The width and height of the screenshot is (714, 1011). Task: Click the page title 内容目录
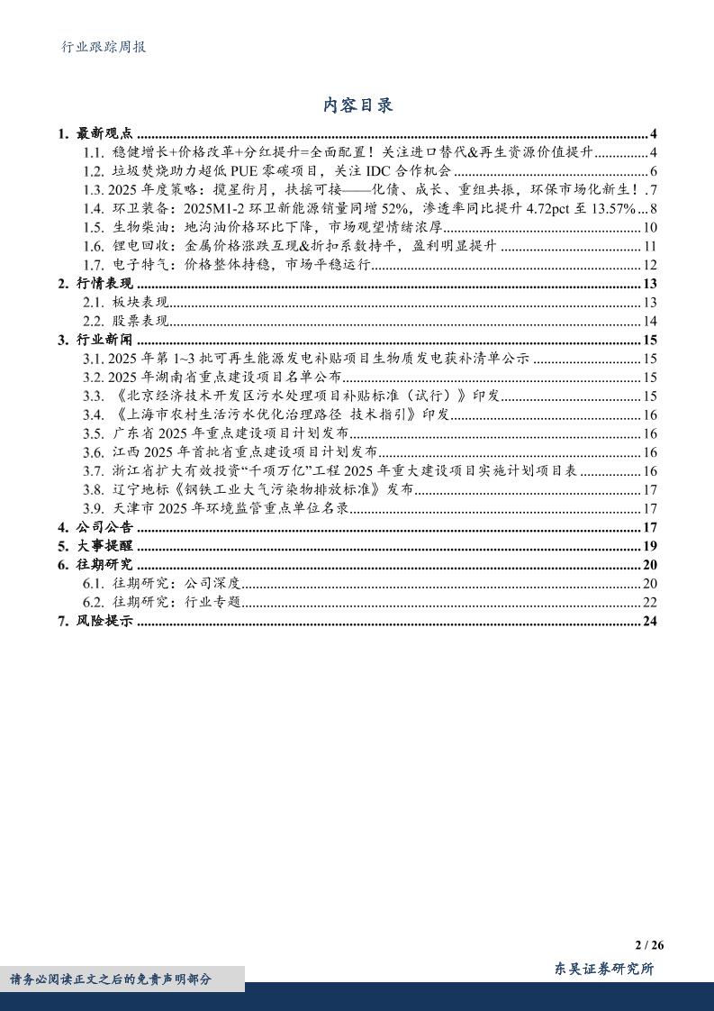[357, 105]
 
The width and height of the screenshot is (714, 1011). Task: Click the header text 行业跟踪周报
[98, 47]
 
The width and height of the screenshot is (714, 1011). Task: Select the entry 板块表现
[140, 303]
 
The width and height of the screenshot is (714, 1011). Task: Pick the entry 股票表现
[140, 322]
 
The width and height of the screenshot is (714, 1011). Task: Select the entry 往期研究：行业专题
[176, 602]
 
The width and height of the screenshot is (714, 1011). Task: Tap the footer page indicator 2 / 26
[648, 945]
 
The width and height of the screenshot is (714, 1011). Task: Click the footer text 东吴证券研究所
[603, 969]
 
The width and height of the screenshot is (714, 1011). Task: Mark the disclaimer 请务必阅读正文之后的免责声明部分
[111, 979]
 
